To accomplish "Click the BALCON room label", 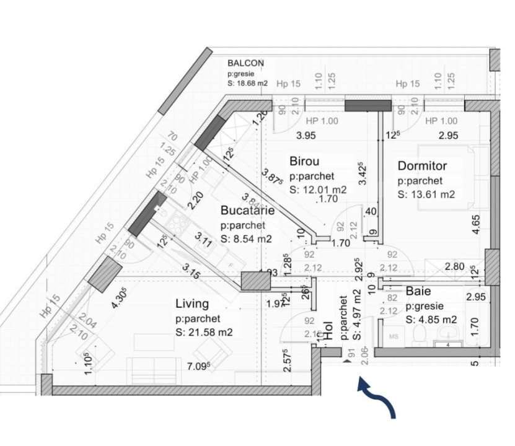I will click(245, 63).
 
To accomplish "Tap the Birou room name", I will click(304, 162).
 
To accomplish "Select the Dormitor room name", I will click(422, 166).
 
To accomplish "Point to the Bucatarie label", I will click(247, 211).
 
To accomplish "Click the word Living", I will click(191, 304).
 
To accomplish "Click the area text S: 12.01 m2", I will click(318, 190).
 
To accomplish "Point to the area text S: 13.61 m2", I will click(426, 195).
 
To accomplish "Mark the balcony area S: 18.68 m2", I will click(247, 83).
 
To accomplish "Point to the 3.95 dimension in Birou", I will click(306, 135).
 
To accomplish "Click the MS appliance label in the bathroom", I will click(393, 336).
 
